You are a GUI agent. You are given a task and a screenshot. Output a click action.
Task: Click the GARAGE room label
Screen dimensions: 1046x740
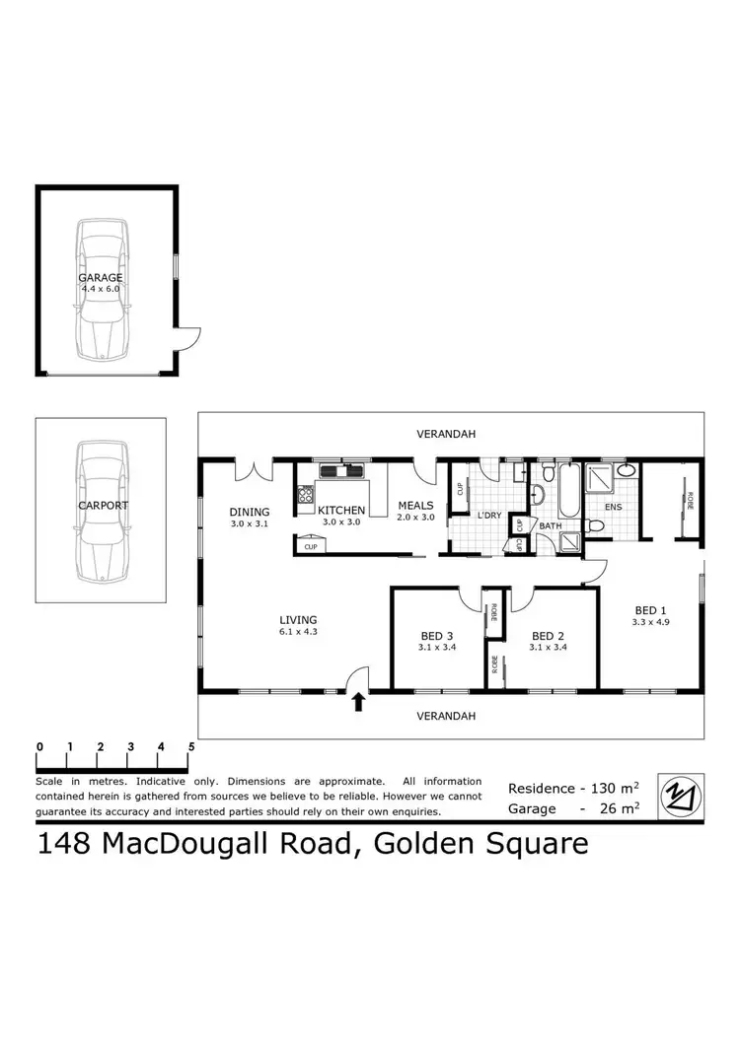pos(101,278)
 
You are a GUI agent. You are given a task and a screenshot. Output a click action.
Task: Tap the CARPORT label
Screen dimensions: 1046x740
pos(103,505)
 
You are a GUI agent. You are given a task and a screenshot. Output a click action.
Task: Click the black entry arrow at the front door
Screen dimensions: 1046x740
pos(358,701)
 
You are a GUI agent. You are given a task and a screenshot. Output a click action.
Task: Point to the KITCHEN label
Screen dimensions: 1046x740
pos(341,510)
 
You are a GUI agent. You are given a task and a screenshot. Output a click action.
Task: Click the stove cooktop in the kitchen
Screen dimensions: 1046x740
pos(305,497)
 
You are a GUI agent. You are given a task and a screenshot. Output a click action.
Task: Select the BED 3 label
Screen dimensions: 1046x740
pos(436,636)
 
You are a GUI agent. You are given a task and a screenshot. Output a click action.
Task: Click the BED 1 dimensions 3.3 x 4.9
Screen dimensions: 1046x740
pos(651,622)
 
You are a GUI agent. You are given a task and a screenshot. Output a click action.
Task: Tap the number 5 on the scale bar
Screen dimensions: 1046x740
pos(191,746)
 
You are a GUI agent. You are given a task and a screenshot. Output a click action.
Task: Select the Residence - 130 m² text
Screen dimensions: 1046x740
pos(573,788)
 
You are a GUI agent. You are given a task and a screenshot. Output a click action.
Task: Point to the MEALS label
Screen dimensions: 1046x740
pos(415,506)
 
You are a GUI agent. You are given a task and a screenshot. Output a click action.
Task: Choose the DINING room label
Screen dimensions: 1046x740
pos(249,512)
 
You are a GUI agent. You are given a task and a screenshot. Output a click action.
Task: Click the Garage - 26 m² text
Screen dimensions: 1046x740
pos(573,808)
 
